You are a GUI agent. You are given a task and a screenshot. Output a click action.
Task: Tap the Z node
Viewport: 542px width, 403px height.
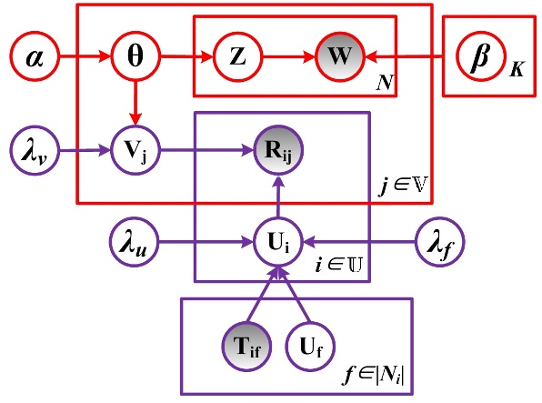(237, 60)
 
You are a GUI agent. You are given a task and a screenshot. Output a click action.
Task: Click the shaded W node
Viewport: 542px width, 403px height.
(338, 60)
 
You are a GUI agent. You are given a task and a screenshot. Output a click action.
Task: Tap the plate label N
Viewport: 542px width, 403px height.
(386, 83)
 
